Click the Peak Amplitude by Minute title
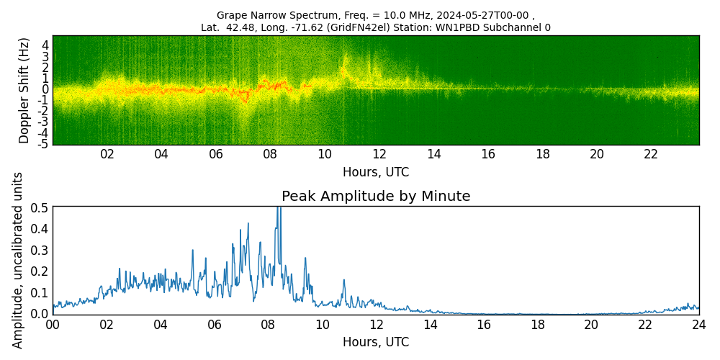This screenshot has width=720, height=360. click(x=376, y=197)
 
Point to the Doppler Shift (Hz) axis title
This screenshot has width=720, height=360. click(x=24, y=90)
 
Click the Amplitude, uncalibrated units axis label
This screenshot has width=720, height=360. click(x=18, y=260)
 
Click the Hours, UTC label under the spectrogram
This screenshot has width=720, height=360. click(x=376, y=173)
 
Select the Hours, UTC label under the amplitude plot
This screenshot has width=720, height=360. click(x=376, y=342)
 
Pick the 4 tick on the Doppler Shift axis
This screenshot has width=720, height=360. click(x=45, y=45)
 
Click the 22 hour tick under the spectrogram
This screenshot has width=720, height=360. click(x=651, y=155)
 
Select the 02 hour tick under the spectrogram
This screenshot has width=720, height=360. click(x=107, y=155)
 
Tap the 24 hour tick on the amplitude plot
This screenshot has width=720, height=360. click(x=699, y=325)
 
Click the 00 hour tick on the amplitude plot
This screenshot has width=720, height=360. click(x=53, y=325)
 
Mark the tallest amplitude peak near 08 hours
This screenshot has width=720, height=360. click(x=278, y=209)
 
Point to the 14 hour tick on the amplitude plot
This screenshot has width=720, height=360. click(x=430, y=325)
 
